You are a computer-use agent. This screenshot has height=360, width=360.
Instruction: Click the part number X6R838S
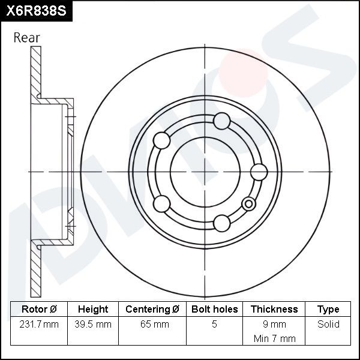click(36, 11)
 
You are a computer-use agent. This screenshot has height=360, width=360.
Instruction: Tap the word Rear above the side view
click(26, 38)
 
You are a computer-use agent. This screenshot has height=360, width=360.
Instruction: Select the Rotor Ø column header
click(39, 309)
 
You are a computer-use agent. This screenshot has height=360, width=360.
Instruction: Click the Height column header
click(93, 309)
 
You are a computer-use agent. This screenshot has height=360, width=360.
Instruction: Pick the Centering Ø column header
click(152, 309)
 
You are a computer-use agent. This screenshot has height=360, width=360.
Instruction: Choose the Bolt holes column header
click(214, 309)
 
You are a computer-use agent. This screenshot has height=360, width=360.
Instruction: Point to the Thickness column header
click(274, 309)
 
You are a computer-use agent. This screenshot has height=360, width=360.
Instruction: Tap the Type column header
click(328, 310)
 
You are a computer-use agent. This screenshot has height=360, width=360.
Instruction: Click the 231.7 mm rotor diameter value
click(39, 324)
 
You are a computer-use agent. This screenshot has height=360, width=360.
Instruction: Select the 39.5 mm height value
click(93, 324)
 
